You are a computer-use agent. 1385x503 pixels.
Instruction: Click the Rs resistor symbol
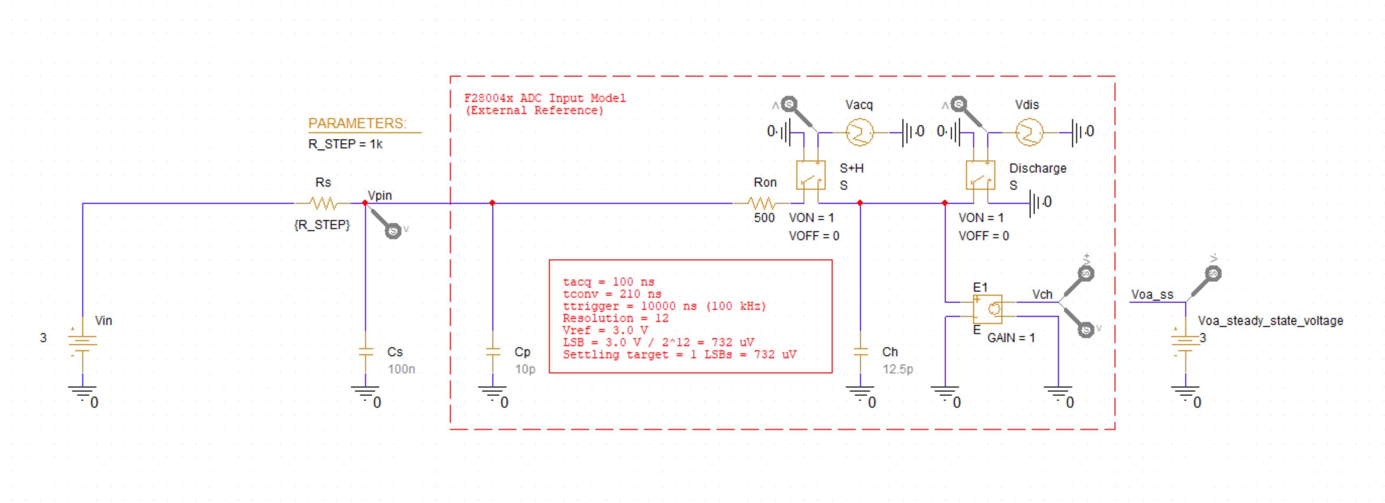[323, 204]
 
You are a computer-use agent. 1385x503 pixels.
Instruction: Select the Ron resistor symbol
[762, 204]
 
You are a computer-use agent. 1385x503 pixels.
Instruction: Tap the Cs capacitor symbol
[366, 352]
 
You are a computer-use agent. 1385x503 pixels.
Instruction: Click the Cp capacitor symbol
[493, 352]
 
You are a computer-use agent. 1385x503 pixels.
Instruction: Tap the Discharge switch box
[980, 175]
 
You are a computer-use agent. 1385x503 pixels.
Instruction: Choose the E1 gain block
[988, 309]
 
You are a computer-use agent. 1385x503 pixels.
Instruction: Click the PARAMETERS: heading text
[357, 124]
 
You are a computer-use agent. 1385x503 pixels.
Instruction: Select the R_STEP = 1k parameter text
[345, 145]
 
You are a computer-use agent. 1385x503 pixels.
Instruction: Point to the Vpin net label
[380, 196]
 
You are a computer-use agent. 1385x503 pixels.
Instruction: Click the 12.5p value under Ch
[897, 369]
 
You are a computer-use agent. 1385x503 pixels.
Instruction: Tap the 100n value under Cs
[401, 369]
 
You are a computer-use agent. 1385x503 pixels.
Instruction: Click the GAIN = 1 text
[1011, 338]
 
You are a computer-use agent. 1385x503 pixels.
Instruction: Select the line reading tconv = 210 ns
[612, 294]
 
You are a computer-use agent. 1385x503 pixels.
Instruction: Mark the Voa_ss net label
[1151, 294]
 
